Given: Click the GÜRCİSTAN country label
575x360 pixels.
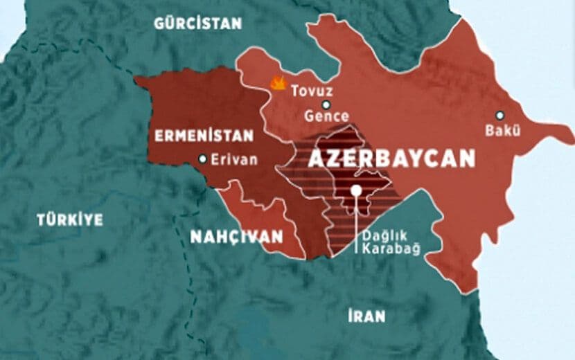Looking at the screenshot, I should (198, 23).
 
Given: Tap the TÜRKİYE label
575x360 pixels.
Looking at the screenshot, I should (70, 220).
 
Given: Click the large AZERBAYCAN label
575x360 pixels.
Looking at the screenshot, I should (391, 159).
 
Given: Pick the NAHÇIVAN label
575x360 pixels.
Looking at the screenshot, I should (236, 237).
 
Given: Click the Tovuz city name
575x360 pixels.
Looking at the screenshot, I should (312, 91).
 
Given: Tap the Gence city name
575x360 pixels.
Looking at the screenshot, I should (326, 117).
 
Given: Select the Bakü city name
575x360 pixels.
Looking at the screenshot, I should (502, 132).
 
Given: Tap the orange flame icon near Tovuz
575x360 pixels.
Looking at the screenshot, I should (278, 83).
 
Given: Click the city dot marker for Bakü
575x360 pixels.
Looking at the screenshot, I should (499, 116).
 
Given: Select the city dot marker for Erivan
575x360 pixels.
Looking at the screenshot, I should (202, 159).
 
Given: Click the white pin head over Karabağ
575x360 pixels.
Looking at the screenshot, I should (356, 190).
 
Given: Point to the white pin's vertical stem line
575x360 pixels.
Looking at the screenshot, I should (356, 222).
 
